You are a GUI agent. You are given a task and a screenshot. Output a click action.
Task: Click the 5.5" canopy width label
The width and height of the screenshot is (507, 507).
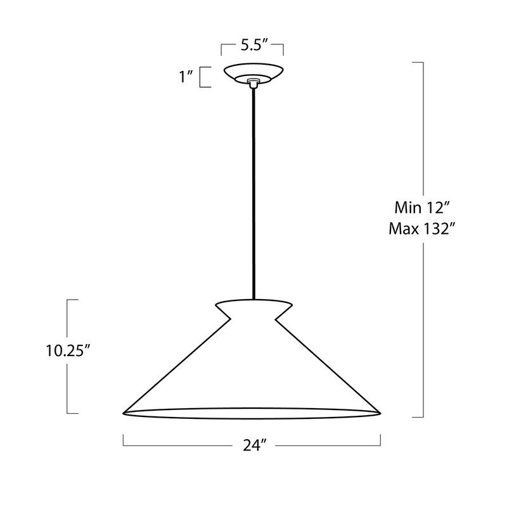[x=252, y=46]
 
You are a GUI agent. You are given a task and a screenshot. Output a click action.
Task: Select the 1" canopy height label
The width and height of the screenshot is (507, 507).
[x=186, y=77]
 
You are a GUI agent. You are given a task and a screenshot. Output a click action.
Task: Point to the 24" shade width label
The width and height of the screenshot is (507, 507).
[x=252, y=446]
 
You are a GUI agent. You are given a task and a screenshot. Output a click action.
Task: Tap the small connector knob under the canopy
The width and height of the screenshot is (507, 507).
[x=253, y=83]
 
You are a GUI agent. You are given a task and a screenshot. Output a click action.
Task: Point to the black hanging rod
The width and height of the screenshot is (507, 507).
[x=253, y=190]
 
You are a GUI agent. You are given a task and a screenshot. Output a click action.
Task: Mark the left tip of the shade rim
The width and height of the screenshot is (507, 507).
[x=124, y=413]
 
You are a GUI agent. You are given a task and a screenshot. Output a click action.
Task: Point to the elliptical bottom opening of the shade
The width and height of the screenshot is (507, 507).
[x=252, y=413]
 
